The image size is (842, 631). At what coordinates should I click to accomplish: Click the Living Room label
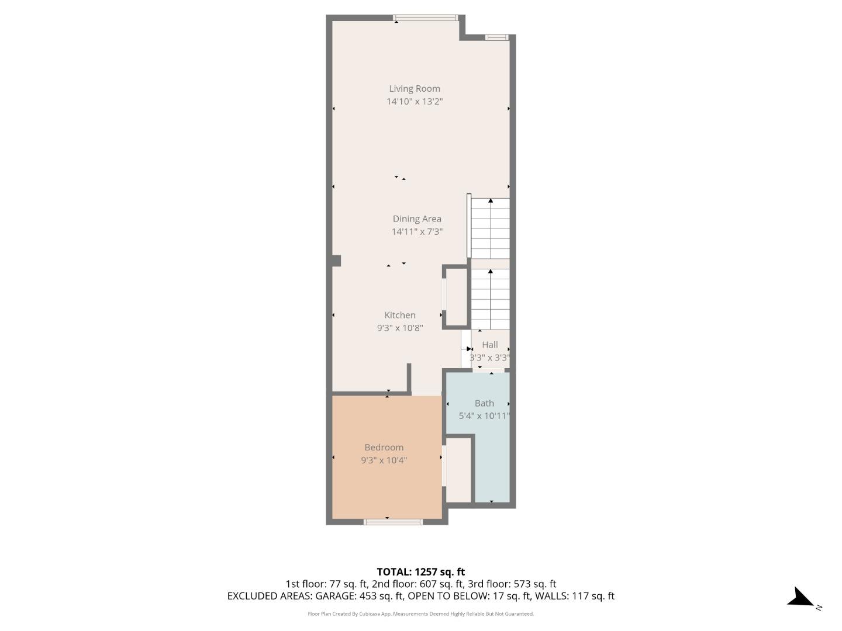[415, 89]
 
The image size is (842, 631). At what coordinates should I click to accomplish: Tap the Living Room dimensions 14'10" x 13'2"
[415, 102]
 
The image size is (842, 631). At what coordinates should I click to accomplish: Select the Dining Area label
[417, 219]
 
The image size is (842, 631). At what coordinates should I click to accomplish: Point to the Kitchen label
[400, 315]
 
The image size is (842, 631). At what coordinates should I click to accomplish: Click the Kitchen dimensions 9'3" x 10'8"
[400, 328]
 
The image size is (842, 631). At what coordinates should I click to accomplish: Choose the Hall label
[490, 345]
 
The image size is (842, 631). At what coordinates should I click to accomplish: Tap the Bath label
[484, 404]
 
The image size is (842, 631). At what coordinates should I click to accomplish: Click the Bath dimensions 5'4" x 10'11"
[484, 417]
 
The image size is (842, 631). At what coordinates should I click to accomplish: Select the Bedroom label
[384, 448]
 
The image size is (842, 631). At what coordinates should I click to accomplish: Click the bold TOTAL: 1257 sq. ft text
[420, 572]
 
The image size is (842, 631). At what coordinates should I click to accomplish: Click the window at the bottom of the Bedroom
[393, 522]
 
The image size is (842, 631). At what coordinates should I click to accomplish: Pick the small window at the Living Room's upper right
[496, 38]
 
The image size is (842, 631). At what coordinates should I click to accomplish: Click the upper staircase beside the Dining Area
[491, 228]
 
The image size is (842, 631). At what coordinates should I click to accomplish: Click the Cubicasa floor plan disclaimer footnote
[420, 614]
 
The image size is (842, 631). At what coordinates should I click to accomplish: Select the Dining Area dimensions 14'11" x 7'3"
[417, 232]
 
